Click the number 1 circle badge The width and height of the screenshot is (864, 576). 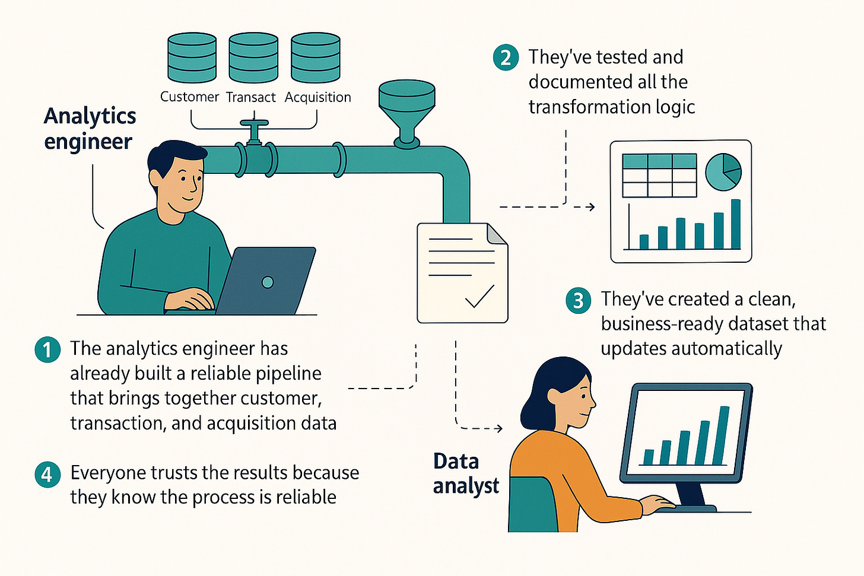point(47,350)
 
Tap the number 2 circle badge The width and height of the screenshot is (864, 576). point(506,58)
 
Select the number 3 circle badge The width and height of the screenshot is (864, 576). point(579,300)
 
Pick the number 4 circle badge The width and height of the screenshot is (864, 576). point(47,475)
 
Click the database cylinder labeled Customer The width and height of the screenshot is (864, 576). point(192,58)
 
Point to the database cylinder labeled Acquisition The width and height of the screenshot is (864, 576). point(316,58)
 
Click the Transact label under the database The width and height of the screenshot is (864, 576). point(251,97)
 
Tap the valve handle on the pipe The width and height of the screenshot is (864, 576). point(254,125)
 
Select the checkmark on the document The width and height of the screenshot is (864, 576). point(479,297)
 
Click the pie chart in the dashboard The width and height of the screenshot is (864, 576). point(723,172)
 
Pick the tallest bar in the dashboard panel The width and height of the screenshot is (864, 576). point(736,224)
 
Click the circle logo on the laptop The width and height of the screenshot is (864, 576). point(268,282)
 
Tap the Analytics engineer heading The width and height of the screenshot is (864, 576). point(90,129)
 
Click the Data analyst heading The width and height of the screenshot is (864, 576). point(466,473)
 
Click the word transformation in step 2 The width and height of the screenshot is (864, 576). point(580,107)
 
